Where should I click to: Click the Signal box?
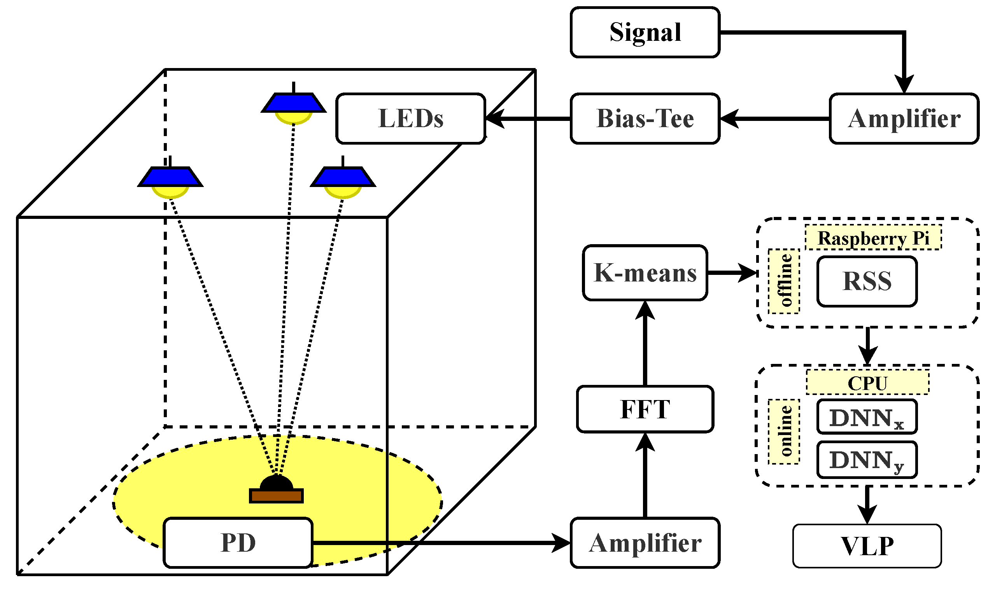pyautogui.click(x=645, y=32)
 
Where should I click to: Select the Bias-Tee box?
pyautogui.click(x=645, y=119)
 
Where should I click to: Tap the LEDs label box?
pyautogui.click(x=410, y=119)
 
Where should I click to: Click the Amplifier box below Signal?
pyautogui.click(x=904, y=119)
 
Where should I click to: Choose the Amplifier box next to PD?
pyautogui.click(x=645, y=543)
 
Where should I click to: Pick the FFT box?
pyautogui.click(x=645, y=409)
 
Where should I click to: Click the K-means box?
pyautogui.click(x=645, y=273)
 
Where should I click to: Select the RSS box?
pyautogui.click(x=867, y=281)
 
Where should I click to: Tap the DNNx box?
pyautogui.click(x=867, y=417)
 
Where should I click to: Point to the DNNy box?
pyautogui.click(x=867, y=460)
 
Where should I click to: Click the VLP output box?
pyautogui.click(x=867, y=546)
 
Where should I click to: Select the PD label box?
pyautogui.click(x=238, y=543)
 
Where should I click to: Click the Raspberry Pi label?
pyautogui.click(x=873, y=238)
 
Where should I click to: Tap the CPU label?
pyautogui.click(x=867, y=383)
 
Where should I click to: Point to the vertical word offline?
pyautogui.click(x=784, y=281)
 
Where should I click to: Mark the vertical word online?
pyautogui.click(x=784, y=432)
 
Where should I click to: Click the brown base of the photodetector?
pyautogui.click(x=276, y=496)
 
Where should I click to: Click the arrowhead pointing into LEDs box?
pyautogui.click(x=495, y=119)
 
